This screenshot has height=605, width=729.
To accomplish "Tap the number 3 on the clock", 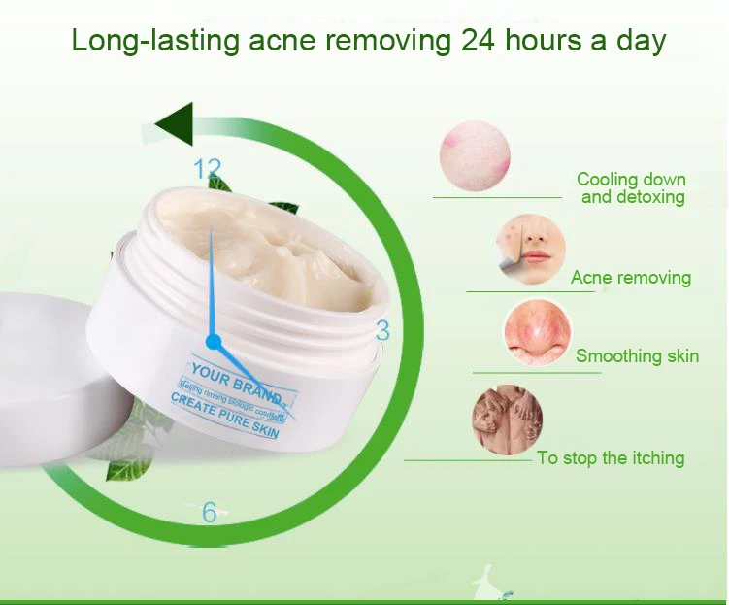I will click(x=382, y=331).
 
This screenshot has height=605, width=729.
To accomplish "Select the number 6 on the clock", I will click(x=210, y=513).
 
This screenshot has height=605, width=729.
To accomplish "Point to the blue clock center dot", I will click(x=214, y=342).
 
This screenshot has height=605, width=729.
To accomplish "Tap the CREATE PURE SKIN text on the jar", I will click(x=225, y=414).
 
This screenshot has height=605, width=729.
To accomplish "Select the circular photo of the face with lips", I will click(x=530, y=248).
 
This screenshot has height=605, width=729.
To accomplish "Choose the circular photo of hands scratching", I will click(x=507, y=420).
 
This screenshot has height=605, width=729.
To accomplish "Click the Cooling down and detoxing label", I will click(x=631, y=188).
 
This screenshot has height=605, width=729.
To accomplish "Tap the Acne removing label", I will click(x=631, y=278).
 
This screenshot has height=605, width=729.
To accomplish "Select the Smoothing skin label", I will click(x=637, y=356).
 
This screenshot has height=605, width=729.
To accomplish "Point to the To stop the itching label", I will click(x=611, y=458).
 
